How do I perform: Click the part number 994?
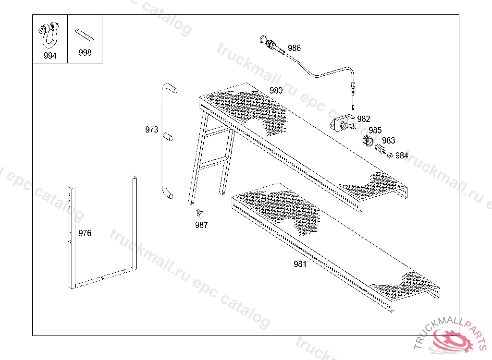coord(49,56)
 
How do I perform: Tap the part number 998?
coord(85,53)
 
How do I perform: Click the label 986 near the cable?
coord(294,48)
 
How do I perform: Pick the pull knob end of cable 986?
coord(264,41)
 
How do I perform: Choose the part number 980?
coord(276,90)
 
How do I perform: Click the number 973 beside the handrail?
coord(151,130)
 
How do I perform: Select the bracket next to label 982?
coord(342,124)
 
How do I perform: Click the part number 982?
coord(364,119)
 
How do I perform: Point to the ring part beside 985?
coord(368,141)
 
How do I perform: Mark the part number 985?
coord(375,130)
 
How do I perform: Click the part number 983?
coord(388,141)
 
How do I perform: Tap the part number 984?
coord(401,156)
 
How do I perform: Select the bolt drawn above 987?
coord(201,212)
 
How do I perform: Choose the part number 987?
coord(201,225)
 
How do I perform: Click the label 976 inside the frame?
coord(85,233)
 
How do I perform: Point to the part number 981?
coord(299,264)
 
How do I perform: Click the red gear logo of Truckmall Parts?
coord(453,341)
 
